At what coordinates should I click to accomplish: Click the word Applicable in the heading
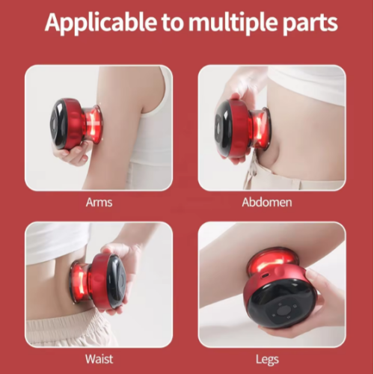coord(101,22)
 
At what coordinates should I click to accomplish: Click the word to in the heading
coord(173,23)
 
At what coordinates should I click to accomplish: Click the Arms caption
coord(99,202)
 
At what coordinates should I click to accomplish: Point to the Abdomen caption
coord(267,202)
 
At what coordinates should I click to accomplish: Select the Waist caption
coord(99,359)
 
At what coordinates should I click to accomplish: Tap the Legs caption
coord(267,360)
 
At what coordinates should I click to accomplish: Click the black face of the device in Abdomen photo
coord(222,127)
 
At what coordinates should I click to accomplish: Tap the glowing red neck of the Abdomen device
coord(259,129)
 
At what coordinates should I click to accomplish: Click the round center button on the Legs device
coord(281,311)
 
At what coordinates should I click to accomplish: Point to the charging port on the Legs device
coord(264,276)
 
